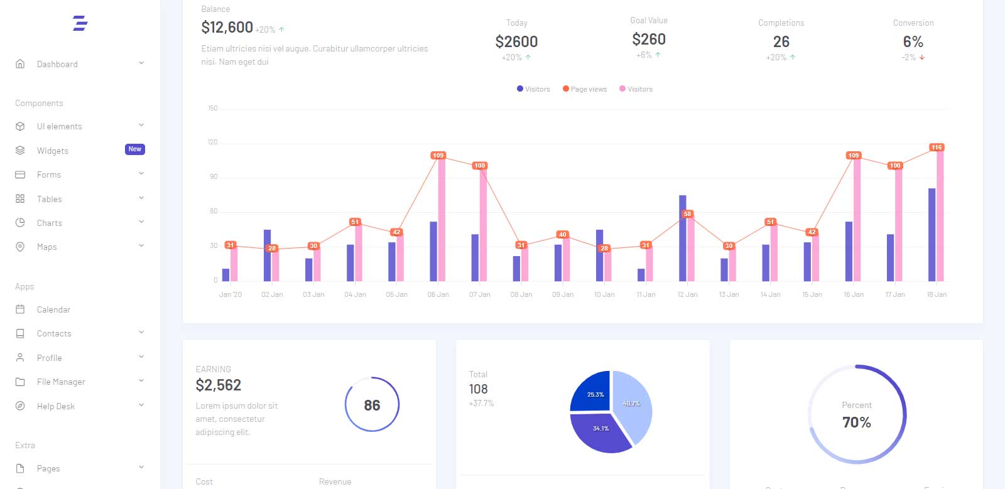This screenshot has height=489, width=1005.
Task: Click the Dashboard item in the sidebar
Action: pos(57,64)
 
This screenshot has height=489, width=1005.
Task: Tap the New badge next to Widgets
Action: pos(134,149)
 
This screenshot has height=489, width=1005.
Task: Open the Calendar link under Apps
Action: pos(53,309)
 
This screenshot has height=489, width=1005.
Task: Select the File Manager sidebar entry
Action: pos(60,382)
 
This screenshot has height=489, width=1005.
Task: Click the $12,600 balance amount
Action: pos(227,28)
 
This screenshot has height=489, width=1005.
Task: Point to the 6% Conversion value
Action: pos(913,42)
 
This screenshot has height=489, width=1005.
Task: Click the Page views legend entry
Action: pos(585,89)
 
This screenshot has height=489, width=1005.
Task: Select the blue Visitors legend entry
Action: pos(533,89)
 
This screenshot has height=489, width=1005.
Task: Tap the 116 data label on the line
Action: pos(937,148)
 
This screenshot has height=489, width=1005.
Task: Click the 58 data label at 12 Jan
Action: pos(687,214)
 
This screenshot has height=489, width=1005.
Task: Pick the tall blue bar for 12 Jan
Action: pos(682,239)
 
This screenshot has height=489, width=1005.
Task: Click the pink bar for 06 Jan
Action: pos(442,220)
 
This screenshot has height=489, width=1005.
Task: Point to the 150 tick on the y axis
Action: pos(213,109)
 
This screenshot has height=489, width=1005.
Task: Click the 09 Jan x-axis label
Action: pos(563,294)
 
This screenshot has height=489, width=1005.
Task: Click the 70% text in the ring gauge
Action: pos(856,422)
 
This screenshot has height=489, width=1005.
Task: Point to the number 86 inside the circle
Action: pos(372,406)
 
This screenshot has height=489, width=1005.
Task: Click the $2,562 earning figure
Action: pos(219,385)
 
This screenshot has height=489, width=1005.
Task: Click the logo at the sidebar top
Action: pos(80,24)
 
